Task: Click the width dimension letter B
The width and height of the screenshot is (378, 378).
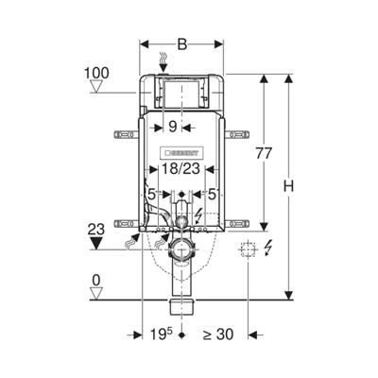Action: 181,44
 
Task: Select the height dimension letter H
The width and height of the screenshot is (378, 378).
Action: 288,186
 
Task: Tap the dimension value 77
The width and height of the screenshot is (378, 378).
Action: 264,153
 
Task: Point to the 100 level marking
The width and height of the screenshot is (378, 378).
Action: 96,73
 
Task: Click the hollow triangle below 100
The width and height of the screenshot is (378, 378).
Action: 96,86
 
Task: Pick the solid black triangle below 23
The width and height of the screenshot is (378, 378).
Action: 96,244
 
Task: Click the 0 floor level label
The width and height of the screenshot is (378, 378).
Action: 96,280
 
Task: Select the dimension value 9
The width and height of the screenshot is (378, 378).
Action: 172,127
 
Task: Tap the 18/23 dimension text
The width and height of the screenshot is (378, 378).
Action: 180,169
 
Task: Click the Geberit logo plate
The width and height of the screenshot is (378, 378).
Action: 180,153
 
